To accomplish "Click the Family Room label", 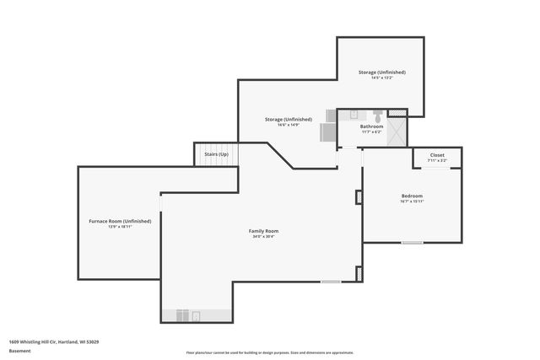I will click(263, 230).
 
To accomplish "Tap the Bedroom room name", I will click(412, 196).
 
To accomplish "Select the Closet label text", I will click(437, 155).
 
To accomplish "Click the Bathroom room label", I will click(371, 126).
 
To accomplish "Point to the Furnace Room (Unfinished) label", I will click(120, 221).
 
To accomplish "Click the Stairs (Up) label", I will click(216, 155).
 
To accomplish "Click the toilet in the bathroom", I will click(378, 114).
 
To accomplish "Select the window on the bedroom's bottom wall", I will click(412, 243).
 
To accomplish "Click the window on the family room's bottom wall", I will click(331, 281).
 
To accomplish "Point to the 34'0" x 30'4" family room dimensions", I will click(263, 236).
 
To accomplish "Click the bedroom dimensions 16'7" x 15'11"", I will click(412, 201).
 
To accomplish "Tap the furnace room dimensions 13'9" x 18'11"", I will click(120, 227).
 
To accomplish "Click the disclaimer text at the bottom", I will click(270, 352).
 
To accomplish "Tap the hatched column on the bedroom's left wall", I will click(359, 197).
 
